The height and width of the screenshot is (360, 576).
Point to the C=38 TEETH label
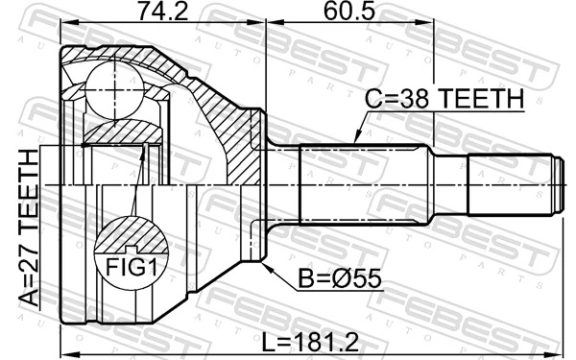click(444, 98)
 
